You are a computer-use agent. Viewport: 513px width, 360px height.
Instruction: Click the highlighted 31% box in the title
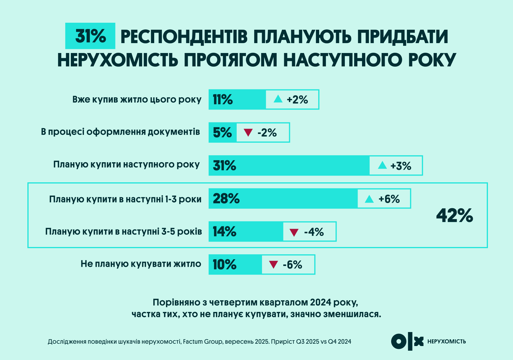(x=90, y=36)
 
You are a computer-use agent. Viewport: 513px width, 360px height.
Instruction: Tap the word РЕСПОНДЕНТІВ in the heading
(x=184, y=37)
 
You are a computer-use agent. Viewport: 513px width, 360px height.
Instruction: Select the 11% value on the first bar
(x=223, y=100)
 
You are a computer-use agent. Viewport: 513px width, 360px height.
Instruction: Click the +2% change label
(x=297, y=100)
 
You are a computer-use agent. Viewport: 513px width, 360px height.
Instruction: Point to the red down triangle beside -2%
(x=248, y=133)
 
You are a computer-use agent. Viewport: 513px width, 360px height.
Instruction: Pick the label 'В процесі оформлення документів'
(x=120, y=132)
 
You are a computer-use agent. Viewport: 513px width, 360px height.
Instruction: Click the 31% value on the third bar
(x=224, y=165)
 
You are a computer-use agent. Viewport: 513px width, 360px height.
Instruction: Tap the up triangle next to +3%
(x=382, y=165)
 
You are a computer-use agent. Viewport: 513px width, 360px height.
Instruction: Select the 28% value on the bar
(x=226, y=199)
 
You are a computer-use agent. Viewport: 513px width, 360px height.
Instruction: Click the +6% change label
(x=389, y=199)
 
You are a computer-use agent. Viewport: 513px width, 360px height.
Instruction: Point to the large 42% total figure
(x=454, y=216)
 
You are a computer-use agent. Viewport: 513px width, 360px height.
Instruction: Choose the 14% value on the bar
(x=224, y=232)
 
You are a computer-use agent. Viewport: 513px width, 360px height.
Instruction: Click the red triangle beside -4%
(x=294, y=232)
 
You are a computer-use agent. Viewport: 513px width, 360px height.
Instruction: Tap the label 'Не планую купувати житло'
(x=141, y=264)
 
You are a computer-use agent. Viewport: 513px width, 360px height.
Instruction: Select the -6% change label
(x=292, y=265)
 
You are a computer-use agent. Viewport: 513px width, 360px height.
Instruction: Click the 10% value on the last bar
(x=224, y=264)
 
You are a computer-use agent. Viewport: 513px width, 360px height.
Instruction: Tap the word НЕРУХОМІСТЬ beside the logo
(x=447, y=341)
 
